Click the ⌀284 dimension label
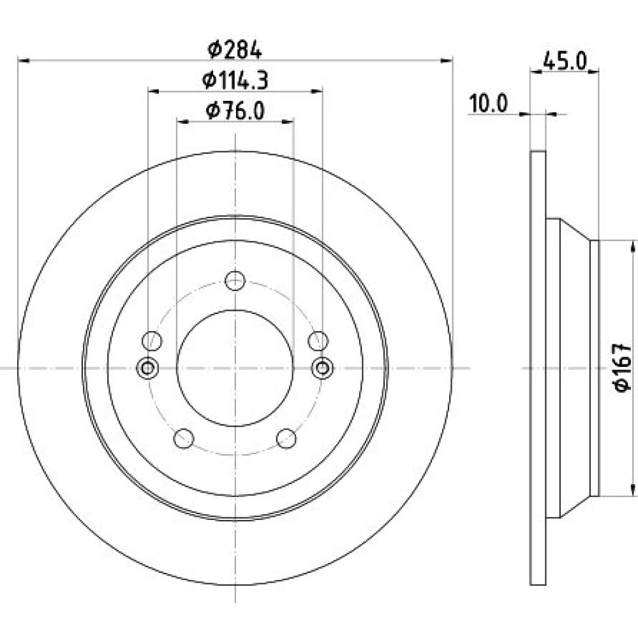pyautogui.click(x=234, y=50)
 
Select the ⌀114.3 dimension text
pyautogui.click(x=235, y=80)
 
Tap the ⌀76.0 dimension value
pyautogui.click(x=235, y=110)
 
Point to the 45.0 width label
pyautogui.click(x=565, y=62)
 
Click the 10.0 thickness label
pyautogui.click(x=488, y=103)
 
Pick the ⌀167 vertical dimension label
pyautogui.click(x=623, y=368)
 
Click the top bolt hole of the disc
pyautogui.click(x=235, y=281)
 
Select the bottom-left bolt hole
pyautogui.click(x=184, y=439)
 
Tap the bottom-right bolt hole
pyautogui.click(x=286, y=439)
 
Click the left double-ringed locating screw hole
pyautogui.click(x=147, y=368)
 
